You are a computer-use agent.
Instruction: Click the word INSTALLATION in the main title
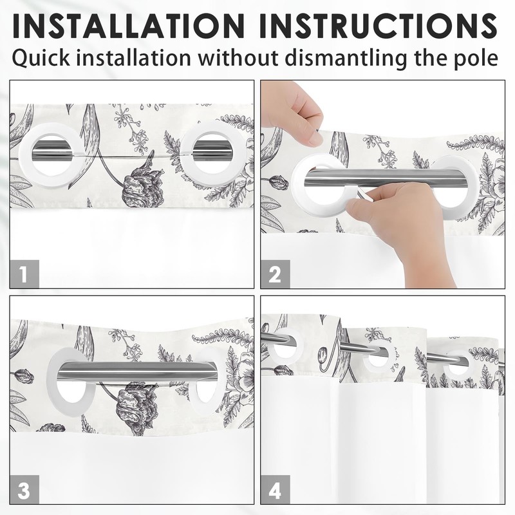point(129,26)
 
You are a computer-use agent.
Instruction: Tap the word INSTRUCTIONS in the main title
point(379,26)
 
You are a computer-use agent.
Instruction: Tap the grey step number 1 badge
point(24,274)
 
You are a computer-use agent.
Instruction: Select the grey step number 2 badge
point(276,274)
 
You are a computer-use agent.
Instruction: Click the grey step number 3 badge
point(24,489)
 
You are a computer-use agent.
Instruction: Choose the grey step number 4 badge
point(276,489)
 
